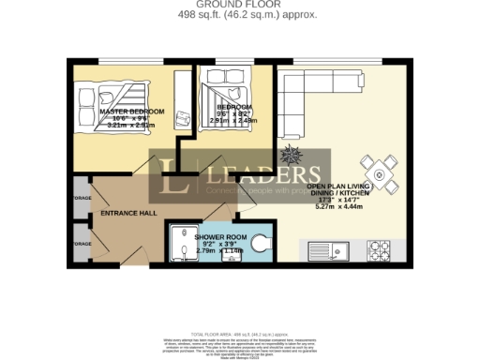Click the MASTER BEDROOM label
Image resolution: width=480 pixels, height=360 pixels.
click(131, 112)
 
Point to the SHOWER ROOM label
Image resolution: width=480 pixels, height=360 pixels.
click(219, 238)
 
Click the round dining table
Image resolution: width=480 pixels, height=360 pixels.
click(380, 172)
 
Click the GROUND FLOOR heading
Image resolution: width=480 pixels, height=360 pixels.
click(241, 4)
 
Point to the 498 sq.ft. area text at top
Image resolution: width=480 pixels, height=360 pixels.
click(241, 14)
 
